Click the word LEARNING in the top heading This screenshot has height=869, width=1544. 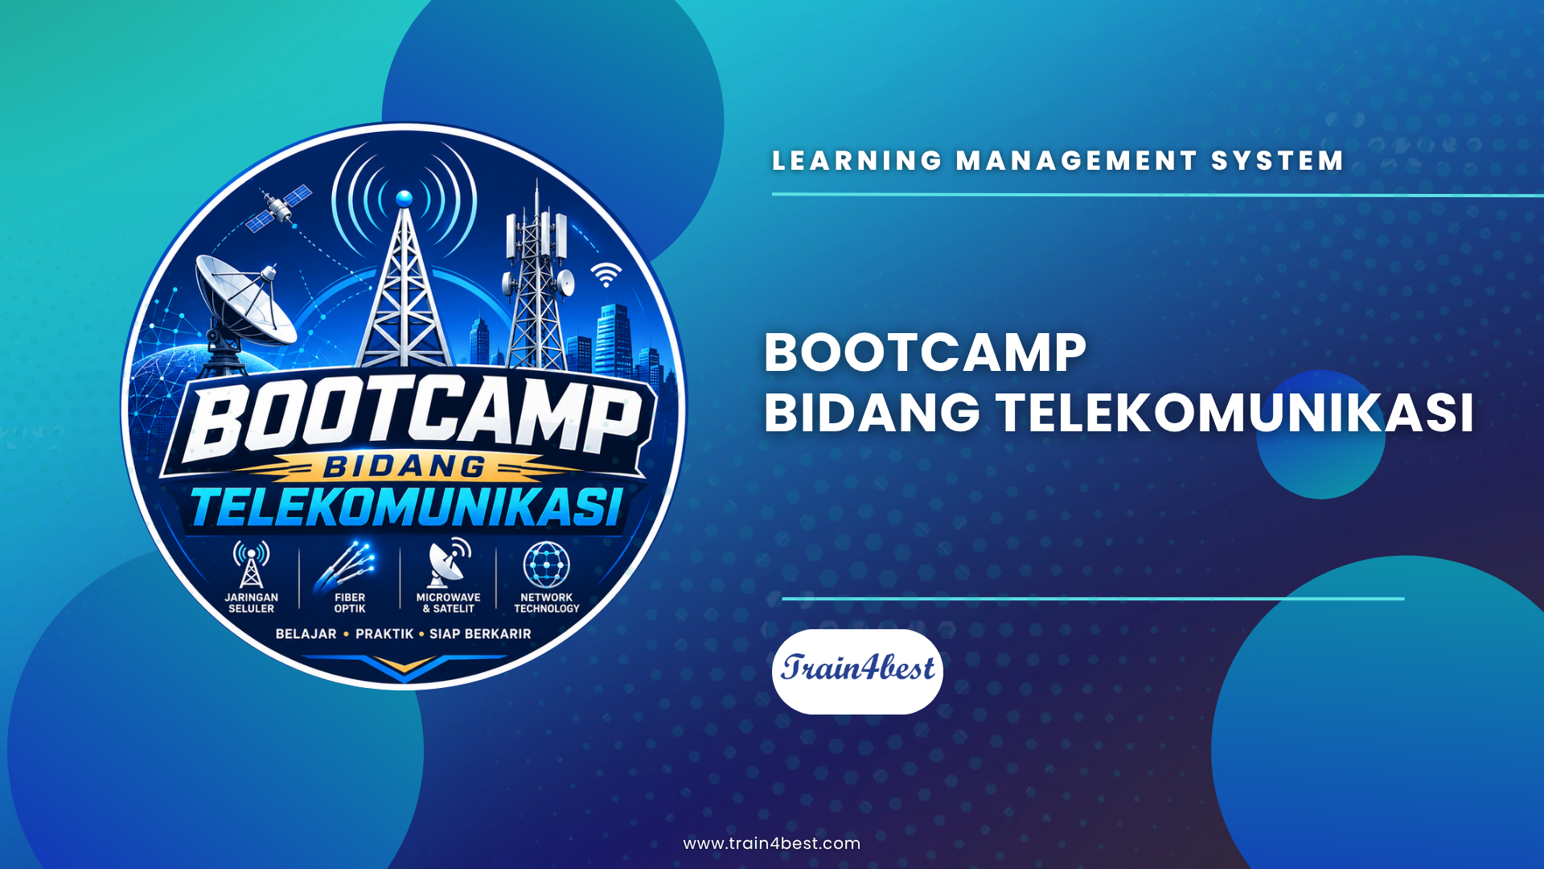(x=857, y=161)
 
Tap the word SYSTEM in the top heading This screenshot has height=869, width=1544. (x=1278, y=161)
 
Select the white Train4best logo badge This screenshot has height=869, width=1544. (x=857, y=671)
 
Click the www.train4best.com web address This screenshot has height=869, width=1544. (x=772, y=843)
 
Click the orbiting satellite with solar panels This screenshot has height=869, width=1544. (x=278, y=208)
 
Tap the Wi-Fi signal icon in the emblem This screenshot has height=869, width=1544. (x=606, y=275)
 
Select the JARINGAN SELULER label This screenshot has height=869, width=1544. (x=251, y=603)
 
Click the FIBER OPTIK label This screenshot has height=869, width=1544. (x=350, y=603)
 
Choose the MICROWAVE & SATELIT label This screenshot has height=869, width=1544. (x=448, y=603)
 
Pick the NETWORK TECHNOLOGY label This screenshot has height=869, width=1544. (x=547, y=603)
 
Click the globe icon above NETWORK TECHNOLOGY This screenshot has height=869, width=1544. (x=547, y=564)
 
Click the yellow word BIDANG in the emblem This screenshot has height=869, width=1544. (x=404, y=467)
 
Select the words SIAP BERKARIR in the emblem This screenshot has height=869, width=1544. (x=480, y=634)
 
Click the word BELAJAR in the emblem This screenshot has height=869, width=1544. (x=306, y=634)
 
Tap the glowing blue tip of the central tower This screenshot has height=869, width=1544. (x=404, y=198)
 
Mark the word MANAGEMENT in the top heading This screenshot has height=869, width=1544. (x=1077, y=161)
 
